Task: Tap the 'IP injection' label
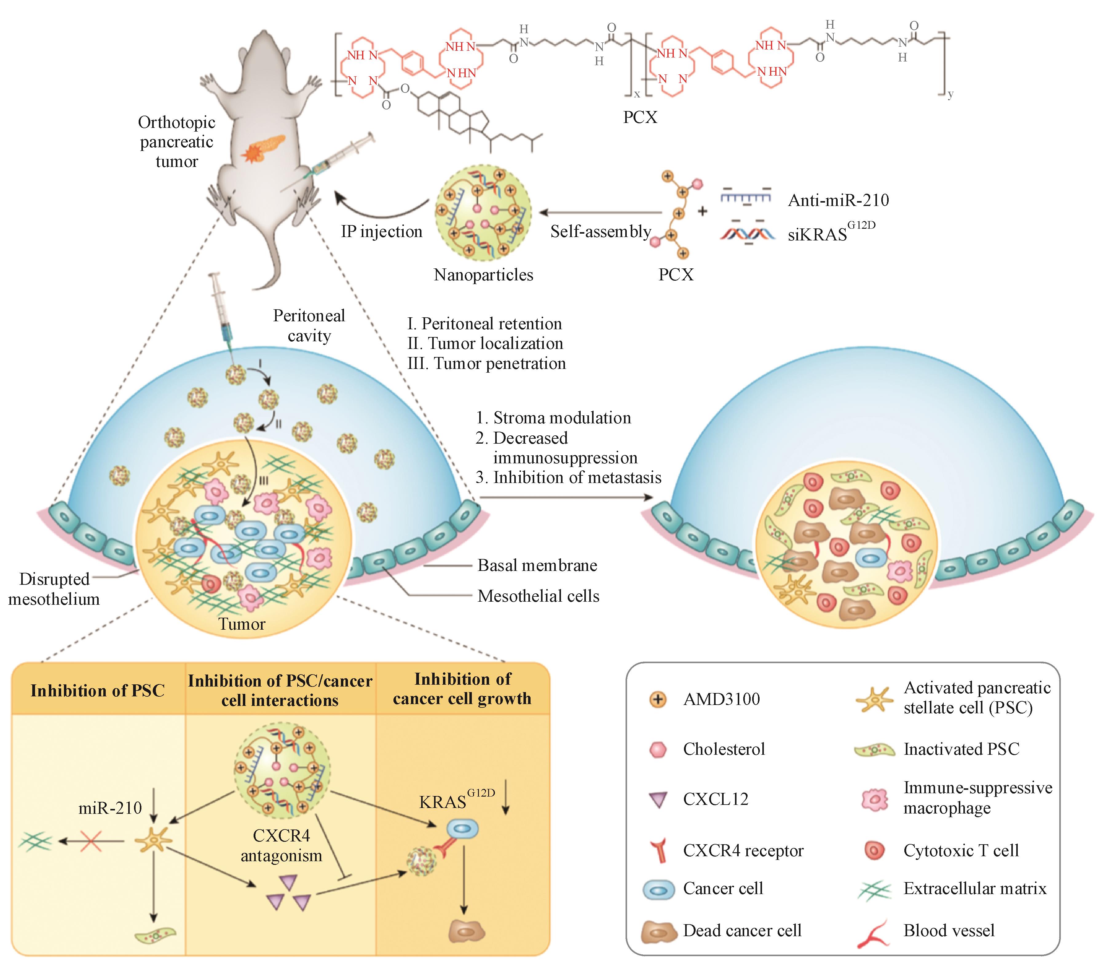click(381, 232)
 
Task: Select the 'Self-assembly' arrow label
click(601, 232)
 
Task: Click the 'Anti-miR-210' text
click(838, 200)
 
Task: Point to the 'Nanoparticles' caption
click(484, 275)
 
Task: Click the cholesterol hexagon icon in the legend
click(658, 750)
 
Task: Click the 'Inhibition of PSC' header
click(98, 691)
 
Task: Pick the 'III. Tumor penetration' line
click(487, 364)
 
